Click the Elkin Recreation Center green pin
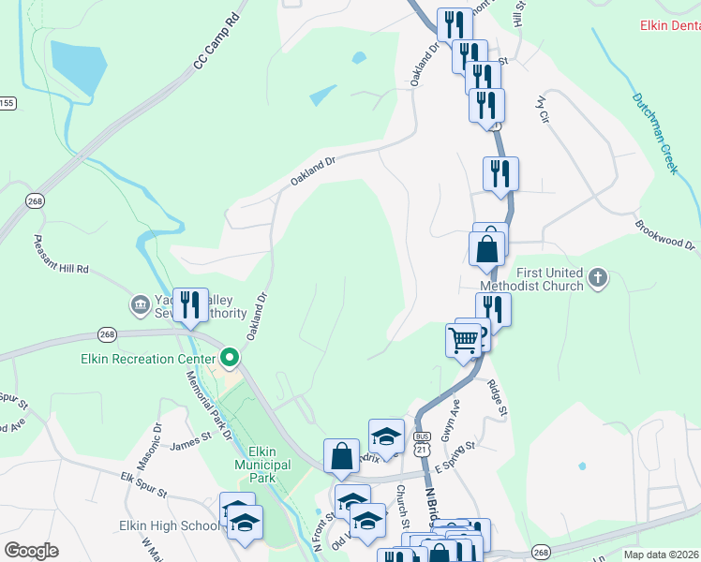(230, 358)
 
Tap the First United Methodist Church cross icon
(599, 277)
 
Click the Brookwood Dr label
(664, 235)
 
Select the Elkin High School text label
(169, 526)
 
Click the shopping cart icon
(463, 341)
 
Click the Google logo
(31, 551)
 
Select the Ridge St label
(497, 397)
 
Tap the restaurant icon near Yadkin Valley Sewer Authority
(191, 305)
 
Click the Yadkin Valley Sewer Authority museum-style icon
(140, 304)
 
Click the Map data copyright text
(659, 555)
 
